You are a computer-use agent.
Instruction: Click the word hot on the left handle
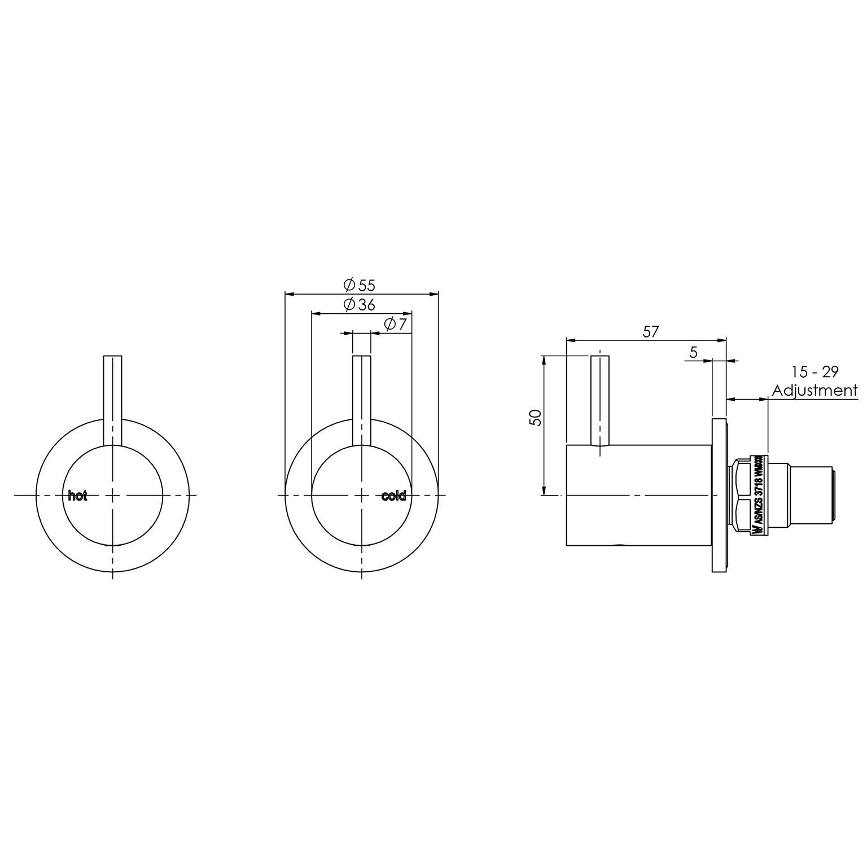click(x=77, y=496)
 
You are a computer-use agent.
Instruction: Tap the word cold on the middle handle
click(x=393, y=496)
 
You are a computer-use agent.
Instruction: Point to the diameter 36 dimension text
click(x=359, y=305)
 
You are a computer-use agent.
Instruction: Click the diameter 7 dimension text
click(x=395, y=325)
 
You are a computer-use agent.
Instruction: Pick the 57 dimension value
click(x=650, y=331)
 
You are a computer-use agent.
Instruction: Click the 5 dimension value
click(x=694, y=352)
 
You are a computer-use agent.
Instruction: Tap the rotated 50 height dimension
click(x=536, y=418)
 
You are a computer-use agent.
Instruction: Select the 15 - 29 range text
click(x=815, y=372)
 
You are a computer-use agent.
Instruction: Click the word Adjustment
click(x=815, y=390)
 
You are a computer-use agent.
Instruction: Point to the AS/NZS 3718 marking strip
click(x=759, y=494)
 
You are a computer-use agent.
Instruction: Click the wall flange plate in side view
click(x=719, y=495)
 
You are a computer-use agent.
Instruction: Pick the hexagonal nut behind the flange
click(x=740, y=495)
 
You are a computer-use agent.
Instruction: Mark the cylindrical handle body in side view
click(x=638, y=495)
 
